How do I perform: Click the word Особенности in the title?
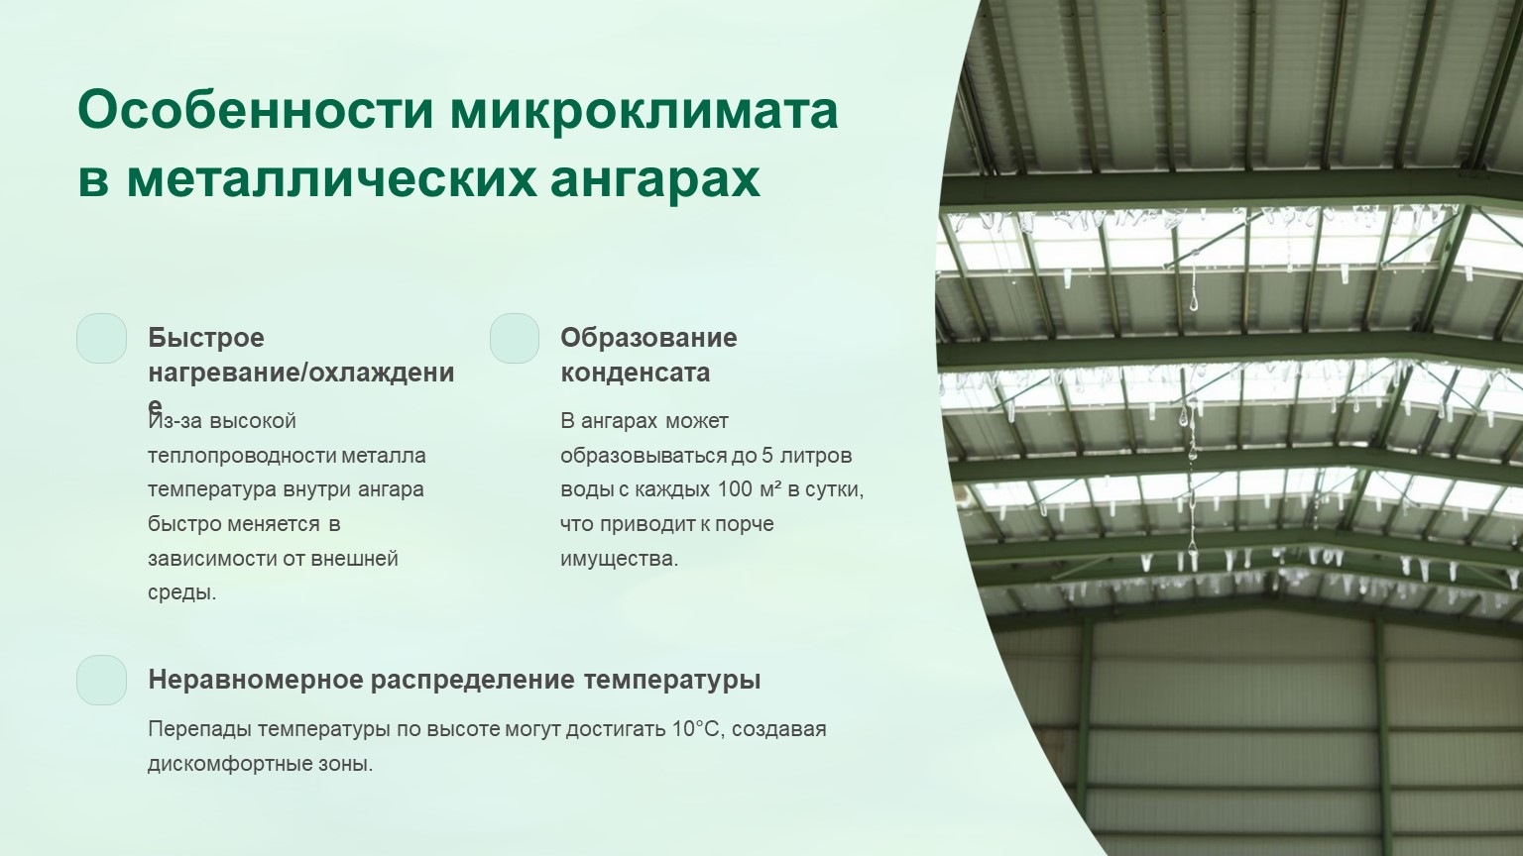coord(256,109)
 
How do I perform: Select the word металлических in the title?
coord(331,179)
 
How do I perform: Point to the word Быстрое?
coord(206,338)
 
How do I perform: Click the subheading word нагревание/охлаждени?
coord(301,373)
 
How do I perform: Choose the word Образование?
coord(648,338)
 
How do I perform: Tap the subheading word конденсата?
coord(635,373)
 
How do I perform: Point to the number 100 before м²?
coord(735,489)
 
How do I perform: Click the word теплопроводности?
coord(241,455)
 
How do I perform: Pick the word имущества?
coord(619,559)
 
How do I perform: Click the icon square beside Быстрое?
coord(102,338)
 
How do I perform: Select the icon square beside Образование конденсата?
coord(515,338)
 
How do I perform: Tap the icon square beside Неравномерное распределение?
coord(102,680)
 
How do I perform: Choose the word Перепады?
coord(200,729)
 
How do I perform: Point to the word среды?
coord(181,593)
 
